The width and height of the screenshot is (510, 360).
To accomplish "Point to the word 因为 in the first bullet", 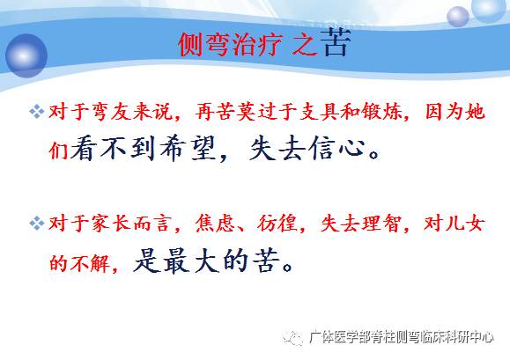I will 441,113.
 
